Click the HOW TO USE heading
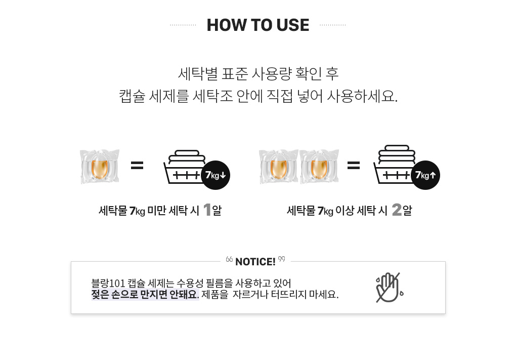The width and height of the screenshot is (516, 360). pos(257,25)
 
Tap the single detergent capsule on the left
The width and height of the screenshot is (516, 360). pos(100,167)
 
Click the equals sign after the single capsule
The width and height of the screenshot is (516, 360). pos(137,165)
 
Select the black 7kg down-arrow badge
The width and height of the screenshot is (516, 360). pos(216,175)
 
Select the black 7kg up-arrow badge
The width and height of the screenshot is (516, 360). pos(425,175)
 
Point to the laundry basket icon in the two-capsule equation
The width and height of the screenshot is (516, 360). pos(394,164)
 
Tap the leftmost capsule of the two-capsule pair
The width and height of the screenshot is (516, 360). pos(279,167)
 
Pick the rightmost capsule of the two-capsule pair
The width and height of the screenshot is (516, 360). pos(319,167)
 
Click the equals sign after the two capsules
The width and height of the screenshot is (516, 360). pos(354,165)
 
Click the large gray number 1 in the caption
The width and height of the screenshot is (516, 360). pos(207,210)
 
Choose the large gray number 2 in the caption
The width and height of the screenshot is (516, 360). pos(397,210)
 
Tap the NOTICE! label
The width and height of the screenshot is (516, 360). pos(255,262)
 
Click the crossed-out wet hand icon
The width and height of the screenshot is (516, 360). pos(390,288)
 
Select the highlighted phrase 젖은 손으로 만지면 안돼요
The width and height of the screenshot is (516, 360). pos(145,295)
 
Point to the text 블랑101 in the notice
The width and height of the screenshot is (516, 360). pos(108,283)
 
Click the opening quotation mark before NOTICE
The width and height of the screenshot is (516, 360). pos(229,260)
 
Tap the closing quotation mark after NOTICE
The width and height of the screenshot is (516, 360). pos(282,259)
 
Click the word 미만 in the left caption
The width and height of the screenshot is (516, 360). pos(156,211)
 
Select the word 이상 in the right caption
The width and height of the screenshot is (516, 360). pos(345,211)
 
